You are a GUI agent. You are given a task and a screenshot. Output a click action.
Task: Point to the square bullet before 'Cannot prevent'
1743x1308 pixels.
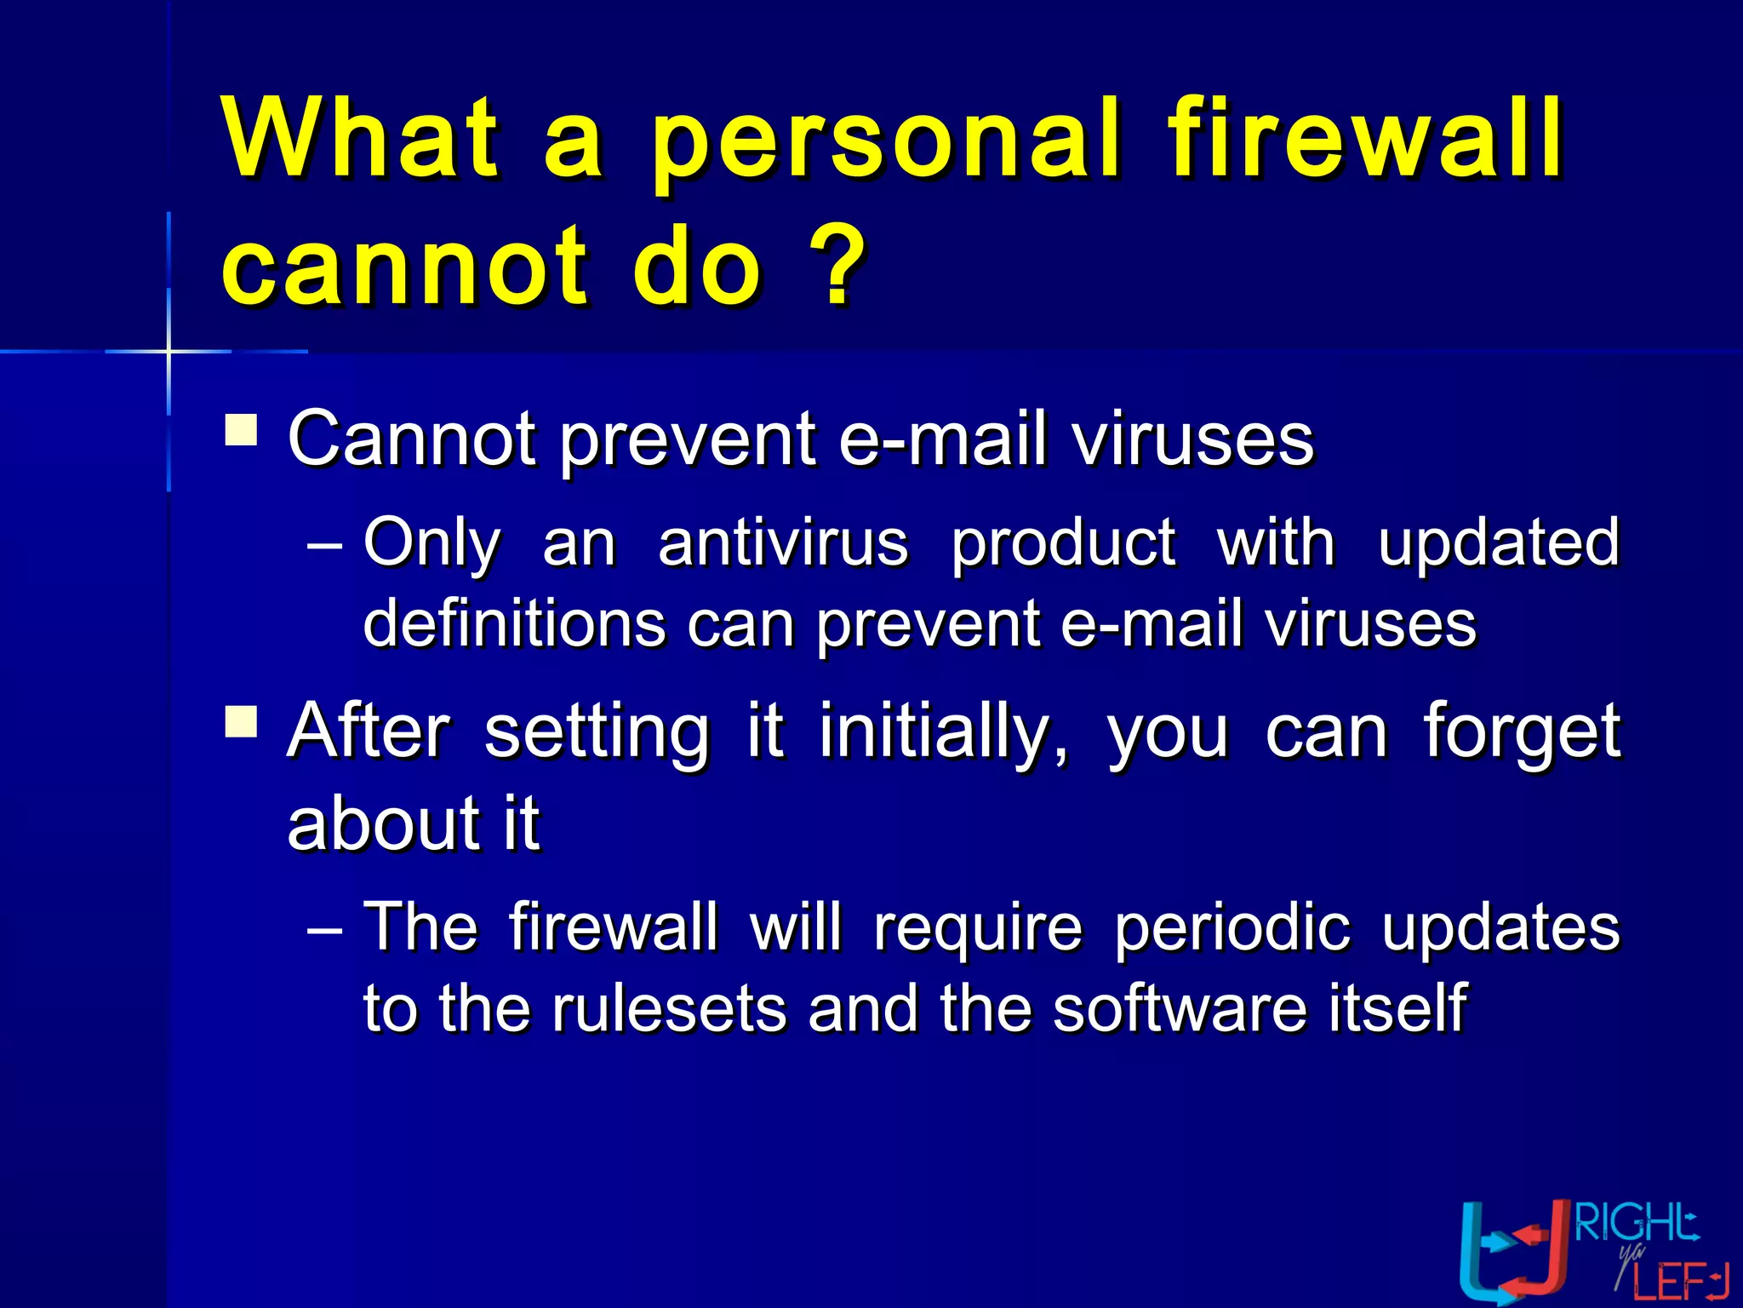pyautogui.click(x=242, y=430)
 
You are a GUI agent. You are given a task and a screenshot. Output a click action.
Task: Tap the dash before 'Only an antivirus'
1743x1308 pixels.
pyautogui.click(x=324, y=546)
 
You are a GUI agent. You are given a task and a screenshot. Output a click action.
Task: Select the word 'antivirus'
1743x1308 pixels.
pyautogui.click(x=783, y=543)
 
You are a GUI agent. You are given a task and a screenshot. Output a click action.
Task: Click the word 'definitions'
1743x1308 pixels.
pyautogui.click(x=514, y=623)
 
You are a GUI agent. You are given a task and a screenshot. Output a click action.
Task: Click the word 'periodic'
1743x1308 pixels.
pyautogui.click(x=1232, y=928)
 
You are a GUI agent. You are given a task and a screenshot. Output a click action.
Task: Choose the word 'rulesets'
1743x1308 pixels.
pyautogui.click(x=669, y=1009)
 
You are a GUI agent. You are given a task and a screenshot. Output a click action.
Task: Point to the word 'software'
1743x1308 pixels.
pyautogui.click(x=1179, y=1009)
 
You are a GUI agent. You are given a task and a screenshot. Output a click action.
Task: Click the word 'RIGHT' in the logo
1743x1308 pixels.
pyautogui.click(x=1636, y=1224)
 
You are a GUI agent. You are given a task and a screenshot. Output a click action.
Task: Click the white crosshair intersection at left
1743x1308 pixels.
pyautogui.click(x=169, y=351)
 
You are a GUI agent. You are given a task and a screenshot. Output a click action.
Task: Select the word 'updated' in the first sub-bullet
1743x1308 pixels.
pyautogui.click(x=1498, y=543)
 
